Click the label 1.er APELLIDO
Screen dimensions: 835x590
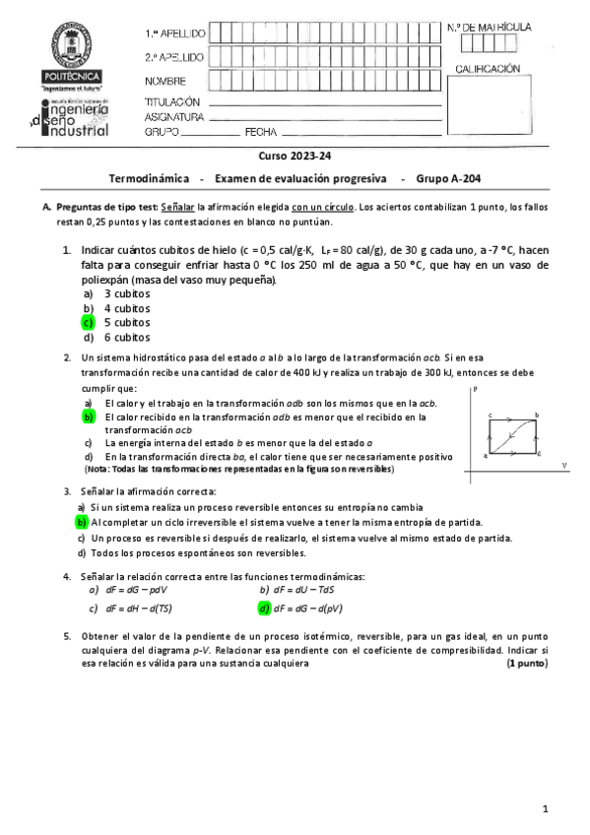coord(174,33)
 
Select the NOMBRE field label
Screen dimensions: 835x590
coord(164,81)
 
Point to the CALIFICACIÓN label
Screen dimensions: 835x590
coord(487,69)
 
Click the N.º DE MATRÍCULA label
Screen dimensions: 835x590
coord(490,27)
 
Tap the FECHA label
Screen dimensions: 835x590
coord(261,131)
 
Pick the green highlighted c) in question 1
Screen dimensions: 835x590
coord(88,322)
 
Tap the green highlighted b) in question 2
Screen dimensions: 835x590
coord(88,417)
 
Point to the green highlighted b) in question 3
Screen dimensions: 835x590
coord(83,522)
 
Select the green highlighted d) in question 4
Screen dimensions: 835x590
coord(264,608)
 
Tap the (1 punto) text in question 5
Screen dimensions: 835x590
coord(527,664)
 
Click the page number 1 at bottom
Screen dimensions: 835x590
coord(545,808)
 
